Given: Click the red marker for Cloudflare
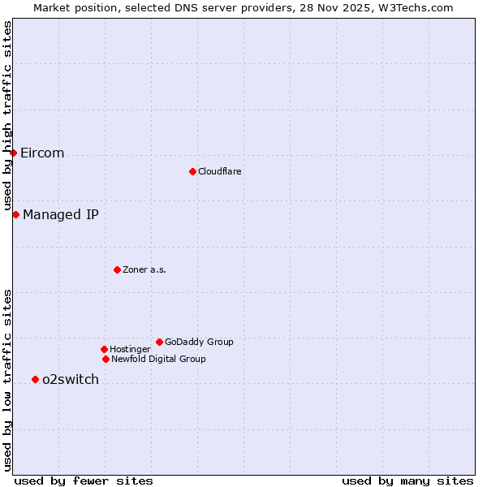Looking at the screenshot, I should coord(192,171).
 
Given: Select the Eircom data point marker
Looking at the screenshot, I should coord(13,153).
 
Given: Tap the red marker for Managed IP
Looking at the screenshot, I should coord(15,214).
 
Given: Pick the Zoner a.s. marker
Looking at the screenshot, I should coord(117,269).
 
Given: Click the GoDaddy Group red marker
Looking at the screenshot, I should coord(159,342).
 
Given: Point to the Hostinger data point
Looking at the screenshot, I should coord(104,349).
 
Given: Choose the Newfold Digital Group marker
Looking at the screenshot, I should coord(106,359).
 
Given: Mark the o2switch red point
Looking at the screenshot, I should coord(35,379).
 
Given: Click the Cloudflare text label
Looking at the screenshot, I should coord(220,172).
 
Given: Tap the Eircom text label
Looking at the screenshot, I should coord(42,153).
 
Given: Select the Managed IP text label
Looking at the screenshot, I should coord(61,215).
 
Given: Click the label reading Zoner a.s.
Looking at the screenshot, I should coord(144,270).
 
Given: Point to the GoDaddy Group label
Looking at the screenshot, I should coord(199,343).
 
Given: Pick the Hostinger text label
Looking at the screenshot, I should coord(130,350).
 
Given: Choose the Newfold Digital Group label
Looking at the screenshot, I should coord(158,360).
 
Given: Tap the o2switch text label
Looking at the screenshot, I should coord(71,380).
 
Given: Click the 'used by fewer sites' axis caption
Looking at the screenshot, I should coord(84,481).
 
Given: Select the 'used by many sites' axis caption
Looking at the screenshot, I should coord(407,481).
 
